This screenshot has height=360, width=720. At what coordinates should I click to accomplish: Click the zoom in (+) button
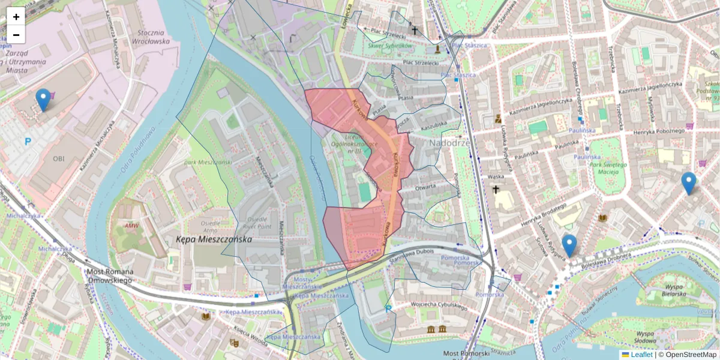coord(16,17)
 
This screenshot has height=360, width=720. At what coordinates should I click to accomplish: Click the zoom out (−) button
coord(16,35)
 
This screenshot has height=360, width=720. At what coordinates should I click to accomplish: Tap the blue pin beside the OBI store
coord(43,100)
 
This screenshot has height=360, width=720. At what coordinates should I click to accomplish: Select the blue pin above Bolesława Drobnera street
coord(569,245)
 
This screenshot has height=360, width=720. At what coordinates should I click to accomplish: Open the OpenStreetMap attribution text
coord(687,355)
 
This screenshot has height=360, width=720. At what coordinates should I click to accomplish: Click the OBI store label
coord(59,158)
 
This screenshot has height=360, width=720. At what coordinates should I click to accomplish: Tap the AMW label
coord(131,226)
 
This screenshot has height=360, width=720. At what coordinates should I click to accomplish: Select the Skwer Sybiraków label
coord(391,46)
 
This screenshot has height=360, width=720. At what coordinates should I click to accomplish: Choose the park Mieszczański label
coord(208,163)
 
